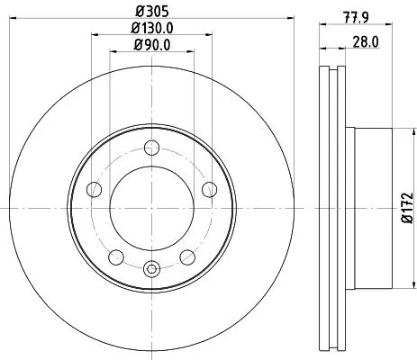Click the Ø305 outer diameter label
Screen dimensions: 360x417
151,13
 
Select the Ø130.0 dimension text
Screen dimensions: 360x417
151,29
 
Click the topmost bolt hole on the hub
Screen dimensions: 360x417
151,149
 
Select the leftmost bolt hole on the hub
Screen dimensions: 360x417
95,189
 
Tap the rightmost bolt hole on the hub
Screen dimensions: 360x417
209,188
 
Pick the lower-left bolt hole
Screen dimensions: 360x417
116,256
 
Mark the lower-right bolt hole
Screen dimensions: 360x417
187,256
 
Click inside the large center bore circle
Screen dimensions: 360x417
151,208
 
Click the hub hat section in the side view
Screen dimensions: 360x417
369,208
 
